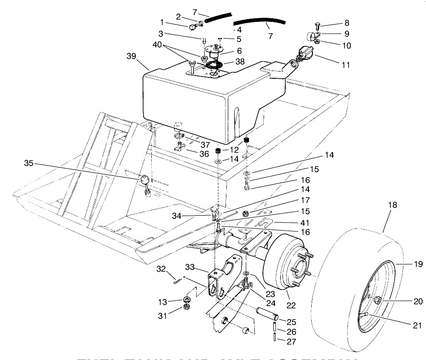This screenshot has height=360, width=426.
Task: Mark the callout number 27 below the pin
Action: coord(292,340)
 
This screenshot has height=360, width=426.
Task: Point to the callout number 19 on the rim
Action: coord(406,263)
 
